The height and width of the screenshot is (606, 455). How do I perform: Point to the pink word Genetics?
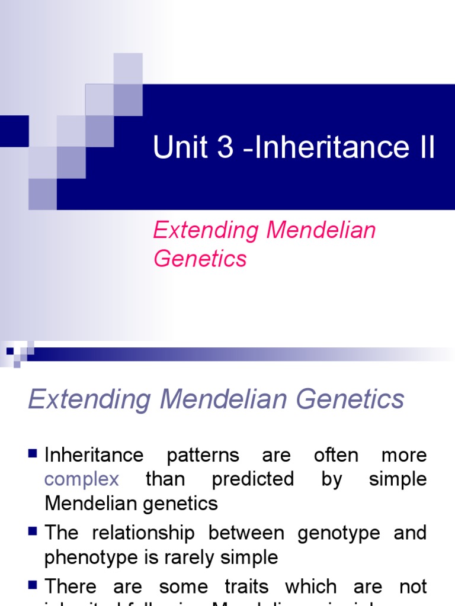(200, 259)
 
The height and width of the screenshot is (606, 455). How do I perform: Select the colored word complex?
(82, 479)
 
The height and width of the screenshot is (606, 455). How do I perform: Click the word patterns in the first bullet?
(203, 455)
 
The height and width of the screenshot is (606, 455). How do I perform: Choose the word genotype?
(339, 533)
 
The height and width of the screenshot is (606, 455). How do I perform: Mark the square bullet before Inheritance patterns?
(33, 454)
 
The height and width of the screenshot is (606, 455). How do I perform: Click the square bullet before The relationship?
(33, 532)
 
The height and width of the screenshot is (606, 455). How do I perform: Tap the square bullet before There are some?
(33, 586)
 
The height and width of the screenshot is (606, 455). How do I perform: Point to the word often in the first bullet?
(336, 455)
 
